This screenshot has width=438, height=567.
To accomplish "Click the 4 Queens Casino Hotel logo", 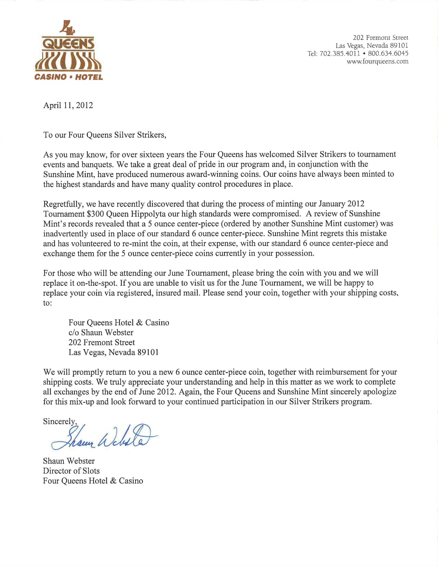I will coord(69,51).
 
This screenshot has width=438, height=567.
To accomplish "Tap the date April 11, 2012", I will coord(68,105).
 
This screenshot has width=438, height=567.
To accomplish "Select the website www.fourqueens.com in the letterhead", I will coord(378,62).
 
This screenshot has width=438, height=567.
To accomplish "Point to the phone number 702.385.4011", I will coord(340,53).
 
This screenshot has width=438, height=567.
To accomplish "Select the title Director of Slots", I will coord(71,471).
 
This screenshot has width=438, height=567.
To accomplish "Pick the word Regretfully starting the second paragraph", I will coord(63,204).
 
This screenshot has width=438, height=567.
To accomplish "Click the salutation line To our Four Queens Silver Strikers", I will coord(105,135).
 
